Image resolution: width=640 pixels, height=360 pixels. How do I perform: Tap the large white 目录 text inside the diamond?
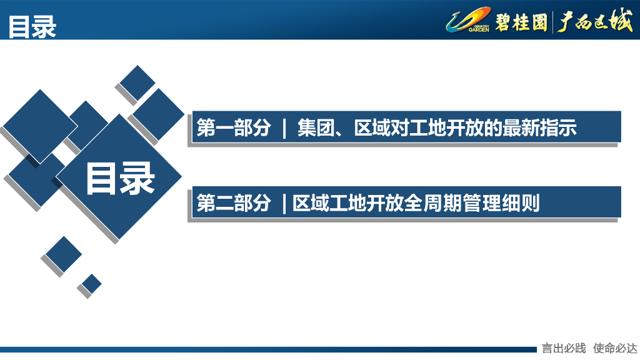click(x=120, y=179)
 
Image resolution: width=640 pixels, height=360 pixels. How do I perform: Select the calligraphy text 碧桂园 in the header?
click(x=521, y=22)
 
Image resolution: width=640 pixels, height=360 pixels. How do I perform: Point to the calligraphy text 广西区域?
click(x=594, y=22)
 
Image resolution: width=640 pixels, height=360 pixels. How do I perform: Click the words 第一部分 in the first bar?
click(x=234, y=128)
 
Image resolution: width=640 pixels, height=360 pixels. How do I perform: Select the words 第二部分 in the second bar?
click(x=234, y=203)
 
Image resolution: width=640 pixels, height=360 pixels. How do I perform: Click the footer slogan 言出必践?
click(x=564, y=348)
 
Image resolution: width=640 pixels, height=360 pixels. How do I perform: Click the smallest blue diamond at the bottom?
click(x=92, y=283)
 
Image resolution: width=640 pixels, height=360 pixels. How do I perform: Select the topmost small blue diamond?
click(x=137, y=82)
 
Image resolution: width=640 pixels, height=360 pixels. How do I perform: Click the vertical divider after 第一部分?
click(x=284, y=129)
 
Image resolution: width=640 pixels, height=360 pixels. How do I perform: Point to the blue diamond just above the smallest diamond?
click(x=64, y=254)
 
